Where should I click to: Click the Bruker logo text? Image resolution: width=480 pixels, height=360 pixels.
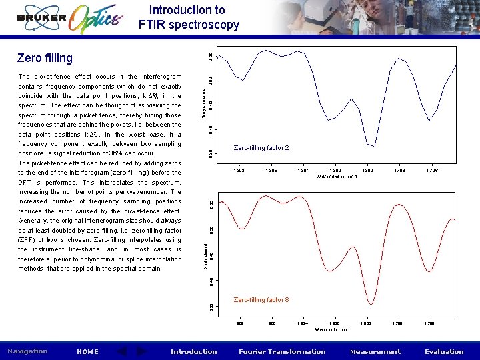[x=41, y=18]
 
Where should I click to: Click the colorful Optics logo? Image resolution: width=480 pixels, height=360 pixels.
[x=96, y=18]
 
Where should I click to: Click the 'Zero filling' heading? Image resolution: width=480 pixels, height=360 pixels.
[x=45, y=59]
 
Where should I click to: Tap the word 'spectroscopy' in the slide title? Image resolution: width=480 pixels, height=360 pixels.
[x=205, y=25]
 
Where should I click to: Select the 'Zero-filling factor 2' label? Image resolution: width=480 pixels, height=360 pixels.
[x=261, y=148]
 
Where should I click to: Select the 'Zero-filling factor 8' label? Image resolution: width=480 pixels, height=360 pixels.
[x=261, y=300]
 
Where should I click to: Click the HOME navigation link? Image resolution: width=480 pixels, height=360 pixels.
[x=87, y=351]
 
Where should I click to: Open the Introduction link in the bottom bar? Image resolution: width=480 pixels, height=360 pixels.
[x=193, y=351]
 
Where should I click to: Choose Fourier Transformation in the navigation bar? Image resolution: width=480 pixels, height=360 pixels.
[x=282, y=351]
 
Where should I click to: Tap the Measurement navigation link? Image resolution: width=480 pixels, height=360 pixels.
[x=375, y=351]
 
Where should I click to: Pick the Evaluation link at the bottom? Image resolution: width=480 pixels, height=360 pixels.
[x=443, y=351]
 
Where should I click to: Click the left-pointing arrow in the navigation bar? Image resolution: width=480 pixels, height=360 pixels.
[x=122, y=351]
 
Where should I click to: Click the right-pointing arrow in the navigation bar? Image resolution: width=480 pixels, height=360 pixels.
[x=141, y=351]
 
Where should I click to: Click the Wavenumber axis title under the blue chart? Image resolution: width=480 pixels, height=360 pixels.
[x=337, y=177]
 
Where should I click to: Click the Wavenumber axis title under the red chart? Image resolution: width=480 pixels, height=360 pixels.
[x=333, y=329]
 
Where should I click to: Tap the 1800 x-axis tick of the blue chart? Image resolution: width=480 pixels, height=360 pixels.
[x=367, y=171]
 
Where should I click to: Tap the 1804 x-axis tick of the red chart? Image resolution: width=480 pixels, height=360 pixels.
[x=302, y=323]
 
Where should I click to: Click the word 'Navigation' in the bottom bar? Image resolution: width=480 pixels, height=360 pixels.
[x=27, y=351]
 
